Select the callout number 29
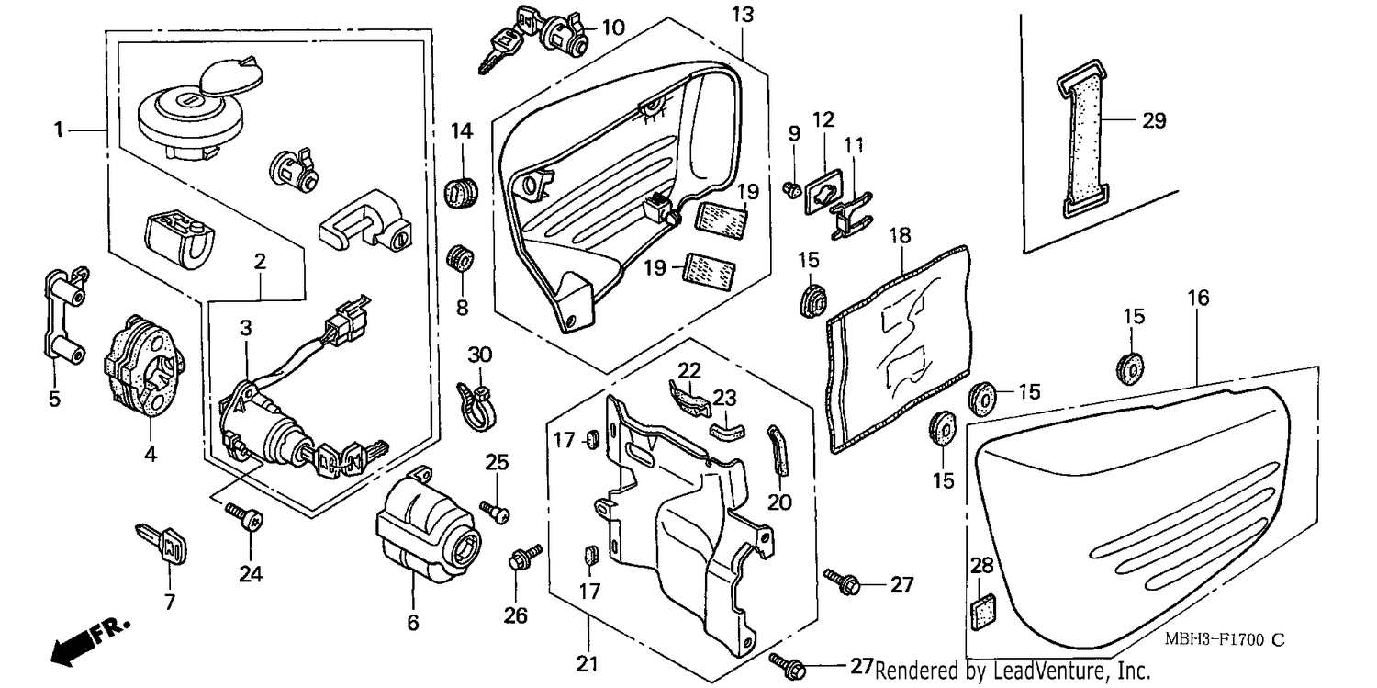1154,120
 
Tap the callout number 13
743,14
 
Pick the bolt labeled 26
524,556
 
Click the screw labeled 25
496,513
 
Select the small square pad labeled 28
983,612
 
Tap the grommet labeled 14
461,191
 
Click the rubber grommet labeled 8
460,259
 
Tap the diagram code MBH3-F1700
1215,640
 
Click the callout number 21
588,664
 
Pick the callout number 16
1198,299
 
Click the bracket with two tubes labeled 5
64,313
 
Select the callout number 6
413,623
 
